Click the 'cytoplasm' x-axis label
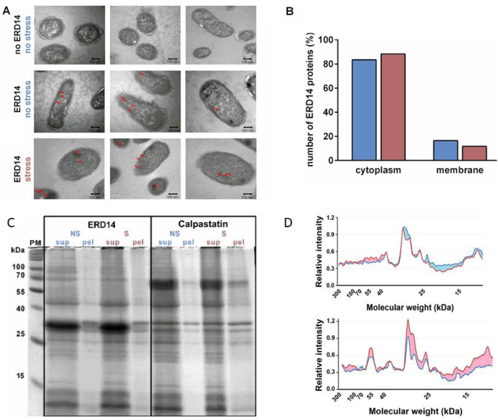click(378, 170)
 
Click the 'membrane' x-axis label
click(460, 170)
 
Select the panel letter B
click(290, 11)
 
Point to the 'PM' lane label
click(35, 243)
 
